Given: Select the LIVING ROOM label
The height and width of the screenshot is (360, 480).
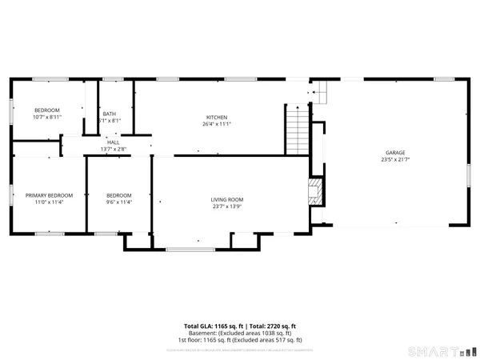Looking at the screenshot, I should tap(227, 199).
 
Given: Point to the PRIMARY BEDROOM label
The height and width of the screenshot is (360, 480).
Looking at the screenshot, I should tap(50, 195).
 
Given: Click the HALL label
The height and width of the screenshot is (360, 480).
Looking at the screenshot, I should tap(114, 142).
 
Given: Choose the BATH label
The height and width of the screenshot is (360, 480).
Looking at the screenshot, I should tap(109, 114).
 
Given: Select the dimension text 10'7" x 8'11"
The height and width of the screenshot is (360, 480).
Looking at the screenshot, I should tap(47, 117).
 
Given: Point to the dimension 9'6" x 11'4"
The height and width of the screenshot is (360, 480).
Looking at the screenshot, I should tap(119, 202).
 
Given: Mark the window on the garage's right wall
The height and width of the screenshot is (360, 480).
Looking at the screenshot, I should tap(469, 174).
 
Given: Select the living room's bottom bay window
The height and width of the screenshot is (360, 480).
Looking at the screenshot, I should tap(190, 250).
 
